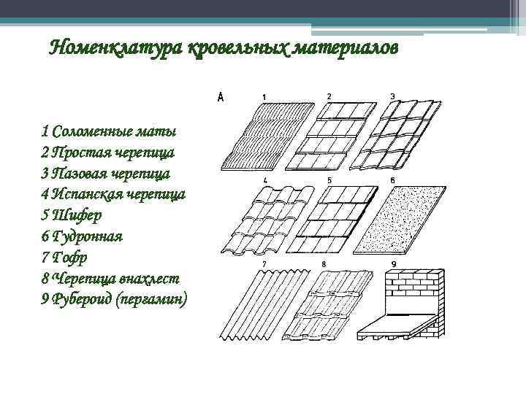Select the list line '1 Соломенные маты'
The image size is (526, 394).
109,132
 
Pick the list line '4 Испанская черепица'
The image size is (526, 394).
113,195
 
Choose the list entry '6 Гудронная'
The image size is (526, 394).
82,236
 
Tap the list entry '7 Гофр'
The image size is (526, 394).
66,258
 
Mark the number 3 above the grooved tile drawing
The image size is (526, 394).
392,96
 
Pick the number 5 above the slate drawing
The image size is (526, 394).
329,179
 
